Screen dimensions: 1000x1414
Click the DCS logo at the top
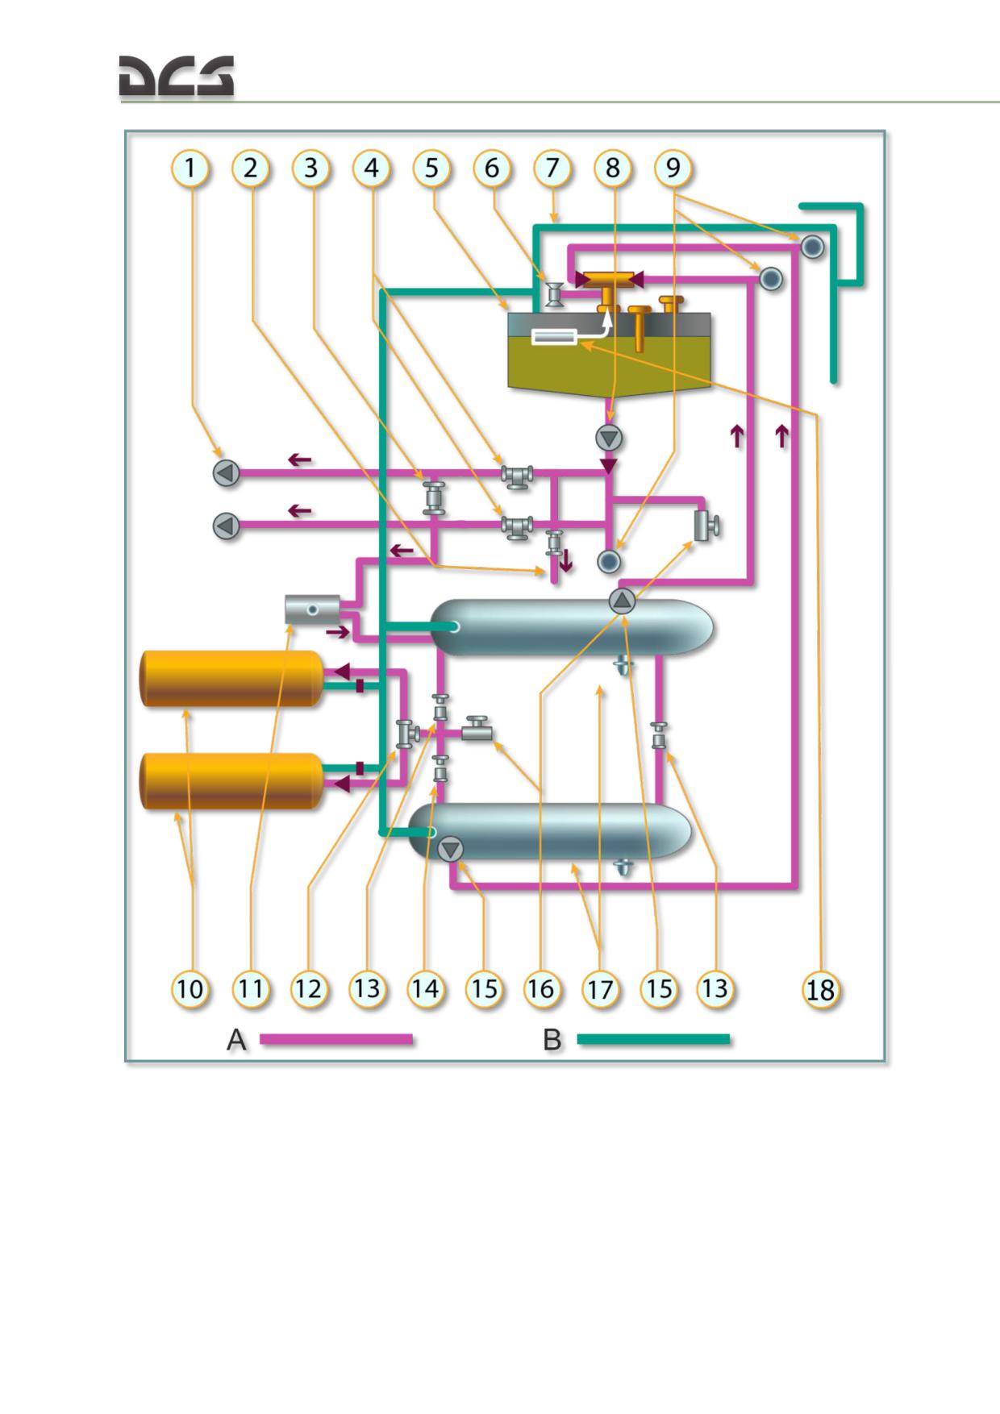(177, 77)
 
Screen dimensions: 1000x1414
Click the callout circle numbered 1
(190, 168)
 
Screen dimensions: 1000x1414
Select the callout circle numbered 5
(432, 168)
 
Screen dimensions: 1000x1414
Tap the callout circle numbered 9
(673, 168)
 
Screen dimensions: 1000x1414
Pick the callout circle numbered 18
(820, 990)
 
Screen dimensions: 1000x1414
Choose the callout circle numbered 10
(190, 989)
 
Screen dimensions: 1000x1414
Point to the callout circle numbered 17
(600, 989)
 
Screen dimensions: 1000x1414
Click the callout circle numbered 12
(308, 989)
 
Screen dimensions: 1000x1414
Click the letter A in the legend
(236, 1040)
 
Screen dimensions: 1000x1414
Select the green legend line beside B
(654, 1040)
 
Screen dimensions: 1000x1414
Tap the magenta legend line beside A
(336, 1040)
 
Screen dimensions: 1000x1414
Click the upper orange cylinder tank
(232, 679)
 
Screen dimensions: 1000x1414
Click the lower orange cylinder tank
(232, 781)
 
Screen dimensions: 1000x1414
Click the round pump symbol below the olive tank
(609, 438)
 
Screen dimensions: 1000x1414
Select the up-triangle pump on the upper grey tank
(622, 601)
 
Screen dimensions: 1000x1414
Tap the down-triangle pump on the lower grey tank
(450, 849)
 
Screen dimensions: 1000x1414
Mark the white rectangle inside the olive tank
(554, 337)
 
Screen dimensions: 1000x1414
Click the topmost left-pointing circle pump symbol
(227, 473)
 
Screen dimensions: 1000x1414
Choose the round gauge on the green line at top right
(812, 246)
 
